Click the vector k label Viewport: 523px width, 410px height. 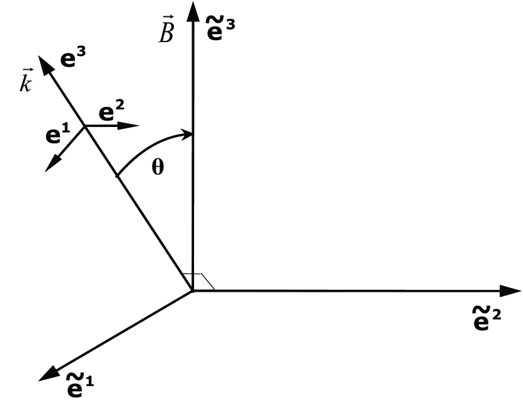[x=26, y=82]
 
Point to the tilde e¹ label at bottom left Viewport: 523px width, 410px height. [x=80, y=385]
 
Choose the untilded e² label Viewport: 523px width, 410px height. [x=112, y=112]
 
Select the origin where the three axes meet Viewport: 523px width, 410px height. [x=193, y=291]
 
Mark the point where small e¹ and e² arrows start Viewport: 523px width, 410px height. [x=84, y=125]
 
